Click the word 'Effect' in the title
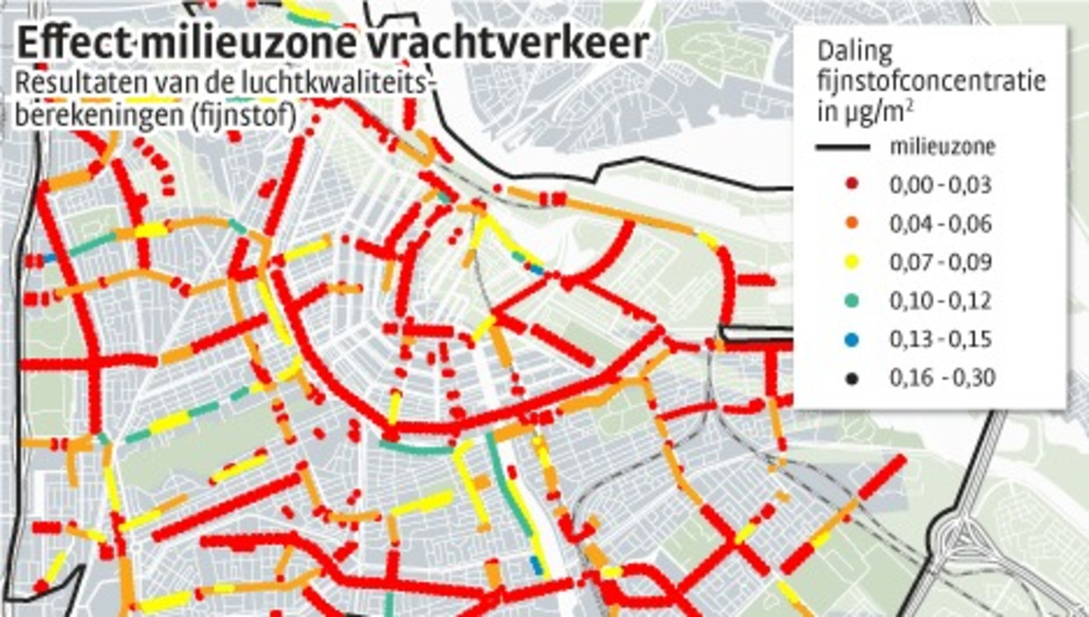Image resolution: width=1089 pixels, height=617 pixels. (x=70, y=45)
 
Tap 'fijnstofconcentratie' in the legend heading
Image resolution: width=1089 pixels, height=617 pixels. (x=931, y=82)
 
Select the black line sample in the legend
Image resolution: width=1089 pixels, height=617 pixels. (x=842, y=147)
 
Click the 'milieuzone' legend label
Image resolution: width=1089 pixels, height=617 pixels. (x=943, y=147)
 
